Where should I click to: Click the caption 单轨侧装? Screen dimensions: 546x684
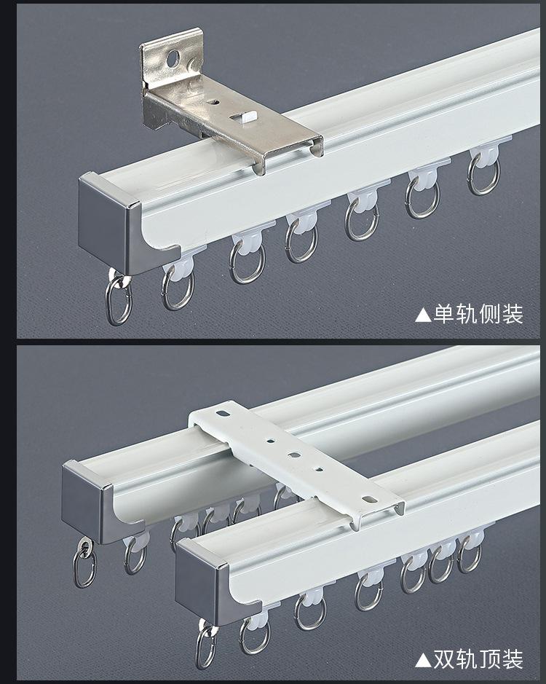[x=478, y=314]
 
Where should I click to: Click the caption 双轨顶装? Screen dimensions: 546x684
[x=478, y=659]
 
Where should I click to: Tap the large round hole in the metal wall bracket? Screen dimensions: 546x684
[x=173, y=58]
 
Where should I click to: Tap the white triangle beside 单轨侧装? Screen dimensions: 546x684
[x=423, y=315]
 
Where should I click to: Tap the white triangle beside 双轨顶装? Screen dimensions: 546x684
[x=423, y=661]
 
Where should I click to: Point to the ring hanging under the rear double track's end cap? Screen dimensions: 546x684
[x=84, y=563]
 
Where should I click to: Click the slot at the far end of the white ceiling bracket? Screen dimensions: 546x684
[x=223, y=413]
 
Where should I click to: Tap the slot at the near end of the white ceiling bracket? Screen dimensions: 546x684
[x=371, y=499]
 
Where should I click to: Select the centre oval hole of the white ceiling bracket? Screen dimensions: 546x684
[x=294, y=455]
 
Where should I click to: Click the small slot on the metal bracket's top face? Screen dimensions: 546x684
[x=214, y=103]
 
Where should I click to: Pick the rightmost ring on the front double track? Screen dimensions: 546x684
[x=470, y=554]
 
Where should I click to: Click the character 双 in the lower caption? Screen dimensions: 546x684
[x=444, y=659]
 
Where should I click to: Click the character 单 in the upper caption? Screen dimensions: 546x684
[x=444, y=314]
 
